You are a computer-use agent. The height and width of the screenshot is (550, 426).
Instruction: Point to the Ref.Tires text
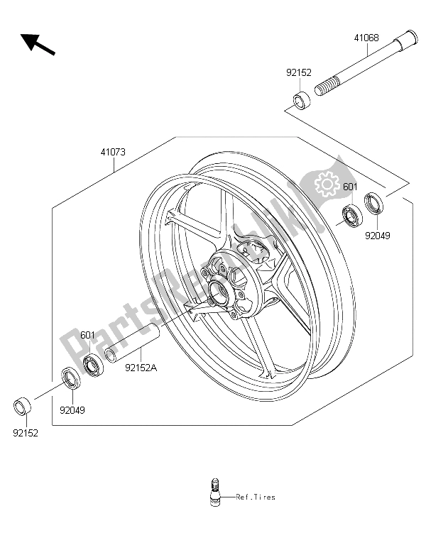[256, 497]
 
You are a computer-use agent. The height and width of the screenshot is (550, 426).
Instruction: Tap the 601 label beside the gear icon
[349, 187]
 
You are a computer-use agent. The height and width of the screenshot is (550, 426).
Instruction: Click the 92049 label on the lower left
[72, 409]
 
